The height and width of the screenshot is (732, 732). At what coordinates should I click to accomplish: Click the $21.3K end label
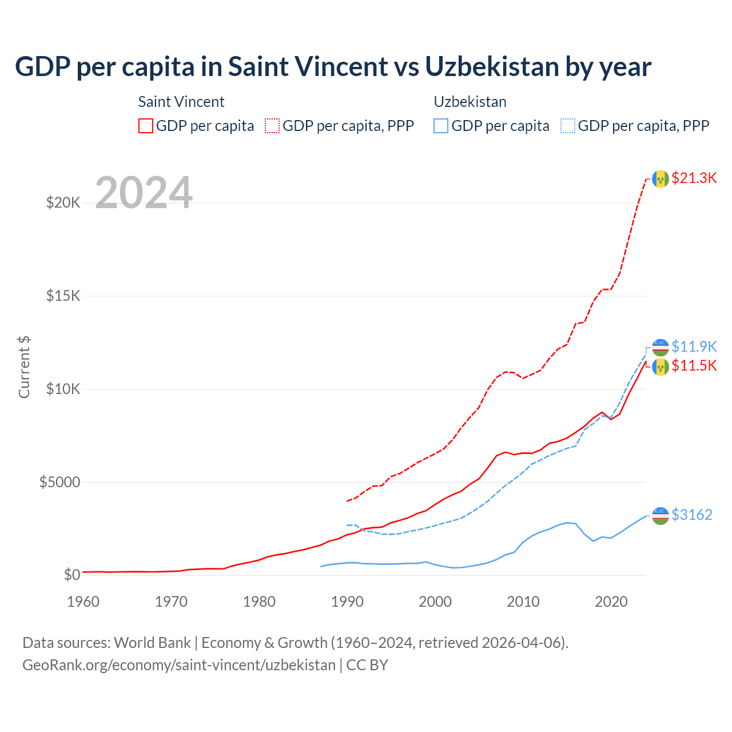[x=694, y=178]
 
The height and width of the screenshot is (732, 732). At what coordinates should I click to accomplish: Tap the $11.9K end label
[x=694, y=347]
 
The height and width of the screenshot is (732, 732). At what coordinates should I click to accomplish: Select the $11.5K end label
[x=694, y=365]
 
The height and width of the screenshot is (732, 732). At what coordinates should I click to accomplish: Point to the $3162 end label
[x=691, y=515]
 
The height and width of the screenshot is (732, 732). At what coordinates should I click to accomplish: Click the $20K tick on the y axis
[x=63, y=202]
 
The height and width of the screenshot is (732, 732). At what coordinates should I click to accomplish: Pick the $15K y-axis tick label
[x=63, y=296]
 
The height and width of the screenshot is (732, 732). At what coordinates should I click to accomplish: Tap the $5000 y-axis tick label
[x=59, y=482]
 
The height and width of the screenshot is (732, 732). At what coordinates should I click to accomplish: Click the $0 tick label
[x=72, y=575]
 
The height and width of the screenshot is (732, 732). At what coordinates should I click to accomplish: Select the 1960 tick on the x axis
[x=83, y=602]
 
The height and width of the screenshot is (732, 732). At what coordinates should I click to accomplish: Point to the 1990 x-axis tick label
[x=347, y=602]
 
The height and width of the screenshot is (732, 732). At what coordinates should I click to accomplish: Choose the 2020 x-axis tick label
[x=611, y=602]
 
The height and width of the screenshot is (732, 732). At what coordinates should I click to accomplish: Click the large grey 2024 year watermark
[x=144, y=193]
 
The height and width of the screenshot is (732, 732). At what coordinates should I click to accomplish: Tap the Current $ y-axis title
[x=24, y=367]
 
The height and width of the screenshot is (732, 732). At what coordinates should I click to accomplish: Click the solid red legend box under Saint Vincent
[x=146, y=126]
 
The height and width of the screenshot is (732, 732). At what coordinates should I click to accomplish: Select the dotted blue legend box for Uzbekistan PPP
[x=568, y=126]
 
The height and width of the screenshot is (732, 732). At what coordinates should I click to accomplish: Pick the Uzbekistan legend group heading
[x=470, y=102]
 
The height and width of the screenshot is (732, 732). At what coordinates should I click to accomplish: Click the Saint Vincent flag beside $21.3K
[x=661, y=178]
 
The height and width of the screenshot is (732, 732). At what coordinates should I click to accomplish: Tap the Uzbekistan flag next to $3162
[x=661, y=515]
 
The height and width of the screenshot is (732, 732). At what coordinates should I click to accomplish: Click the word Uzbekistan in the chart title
[x=492, y=66]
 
